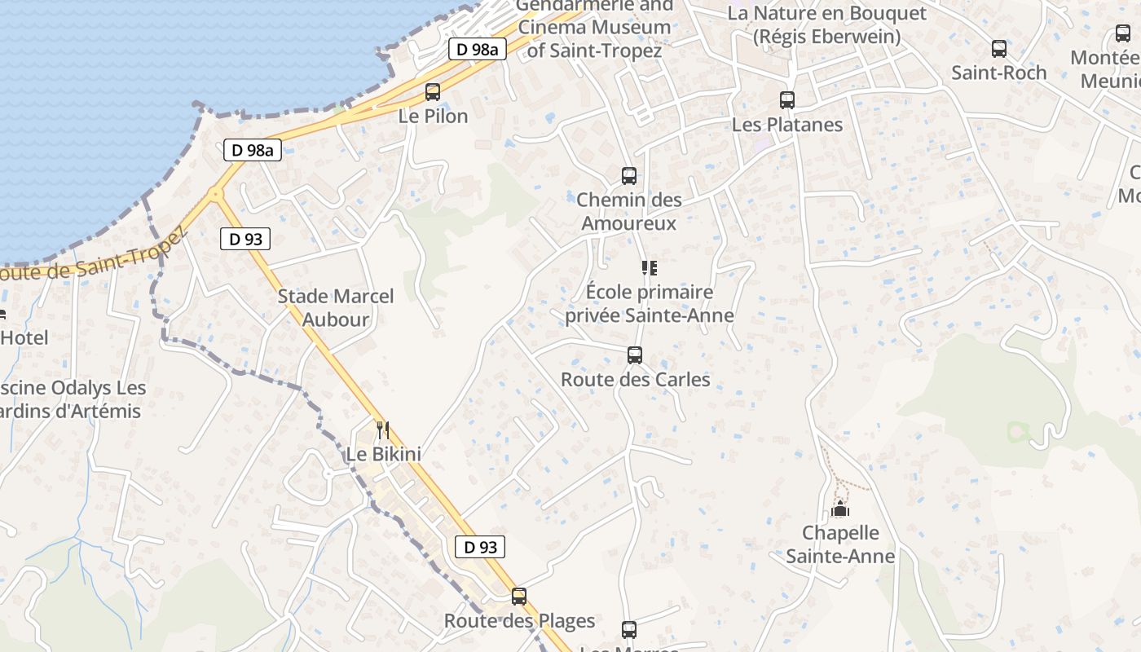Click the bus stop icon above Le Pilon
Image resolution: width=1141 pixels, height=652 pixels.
click(433, 92)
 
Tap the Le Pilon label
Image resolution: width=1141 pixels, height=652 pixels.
click(433, 117)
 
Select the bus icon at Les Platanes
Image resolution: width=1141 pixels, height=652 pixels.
click(786, 100)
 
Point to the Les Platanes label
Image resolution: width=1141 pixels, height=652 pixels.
click(786, 125)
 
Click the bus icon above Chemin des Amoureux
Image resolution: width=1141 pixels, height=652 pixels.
click(628, 175)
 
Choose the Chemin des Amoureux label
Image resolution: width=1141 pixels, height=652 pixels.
click(628, 211)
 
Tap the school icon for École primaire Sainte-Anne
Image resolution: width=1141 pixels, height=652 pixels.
click(650, 267)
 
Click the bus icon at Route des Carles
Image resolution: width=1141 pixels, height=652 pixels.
click(635, 355)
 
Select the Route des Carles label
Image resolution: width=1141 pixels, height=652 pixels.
click(635, 380)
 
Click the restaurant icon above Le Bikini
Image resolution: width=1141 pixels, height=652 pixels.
click(383, 429)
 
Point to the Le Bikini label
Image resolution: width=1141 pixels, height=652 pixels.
click(383, 454)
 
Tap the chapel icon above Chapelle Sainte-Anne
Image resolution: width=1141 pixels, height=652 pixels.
click(839, 510)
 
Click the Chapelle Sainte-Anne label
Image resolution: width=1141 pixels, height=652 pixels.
click(840, 544)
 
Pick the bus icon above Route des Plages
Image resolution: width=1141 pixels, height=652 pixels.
click(519, 597)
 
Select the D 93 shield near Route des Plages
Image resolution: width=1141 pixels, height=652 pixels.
click(480, 547)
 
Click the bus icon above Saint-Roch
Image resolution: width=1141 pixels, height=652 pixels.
click(999, 49)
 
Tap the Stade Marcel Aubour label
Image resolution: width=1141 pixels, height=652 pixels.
click(336, 307)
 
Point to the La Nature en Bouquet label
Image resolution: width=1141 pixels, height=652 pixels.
click(826, 24)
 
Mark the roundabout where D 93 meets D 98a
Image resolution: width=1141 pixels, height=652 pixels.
click(215, 194)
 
